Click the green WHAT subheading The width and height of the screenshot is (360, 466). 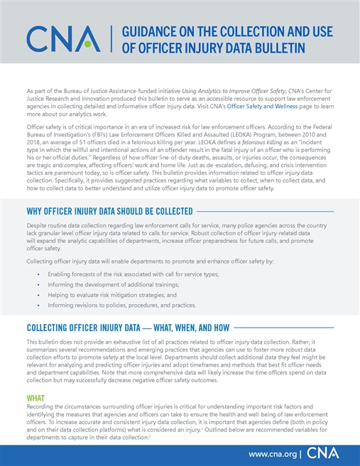click(x=35, y=396)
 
